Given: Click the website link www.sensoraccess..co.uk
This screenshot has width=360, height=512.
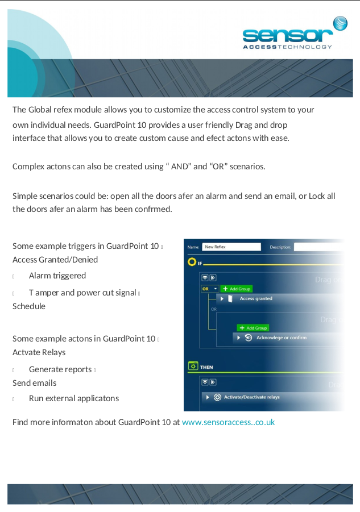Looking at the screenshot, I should (x=228, y=422).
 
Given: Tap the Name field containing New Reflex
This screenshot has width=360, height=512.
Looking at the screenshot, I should (x=231, y=247).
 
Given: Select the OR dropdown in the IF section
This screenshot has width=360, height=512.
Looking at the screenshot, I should (x=209, y=289).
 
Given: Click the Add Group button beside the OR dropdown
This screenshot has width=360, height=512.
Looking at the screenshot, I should (x=236, y=289).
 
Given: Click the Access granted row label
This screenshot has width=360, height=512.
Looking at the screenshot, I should (x=256, y=298).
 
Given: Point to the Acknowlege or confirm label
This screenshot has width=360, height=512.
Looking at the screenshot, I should (x=281, y=338).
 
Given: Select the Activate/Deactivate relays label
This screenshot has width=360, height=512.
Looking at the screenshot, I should (x=251, y=397).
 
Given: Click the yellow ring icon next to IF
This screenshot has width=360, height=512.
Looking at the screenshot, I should (x=192, y=262).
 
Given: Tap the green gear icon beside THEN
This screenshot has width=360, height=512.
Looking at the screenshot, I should (x=193, y=367).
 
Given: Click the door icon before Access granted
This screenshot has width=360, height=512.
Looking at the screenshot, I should (x=230, y=298).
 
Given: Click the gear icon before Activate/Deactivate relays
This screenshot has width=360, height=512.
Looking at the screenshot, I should (x=217, y=397).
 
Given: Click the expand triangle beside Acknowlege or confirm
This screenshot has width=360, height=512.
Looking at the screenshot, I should (x=239, y=338).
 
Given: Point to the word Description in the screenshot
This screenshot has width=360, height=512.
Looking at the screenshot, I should (x=280, y=247).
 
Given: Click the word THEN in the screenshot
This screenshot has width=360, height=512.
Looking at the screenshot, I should (x=206, y=367).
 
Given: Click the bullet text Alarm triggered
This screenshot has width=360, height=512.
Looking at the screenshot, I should (x=57, y=276).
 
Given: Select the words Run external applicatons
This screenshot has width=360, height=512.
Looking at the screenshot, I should (x=74, y=398).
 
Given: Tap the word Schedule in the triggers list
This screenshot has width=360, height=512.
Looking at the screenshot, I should (x=29, y=306).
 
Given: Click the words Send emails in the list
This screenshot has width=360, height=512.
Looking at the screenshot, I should (x=34, y=383).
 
